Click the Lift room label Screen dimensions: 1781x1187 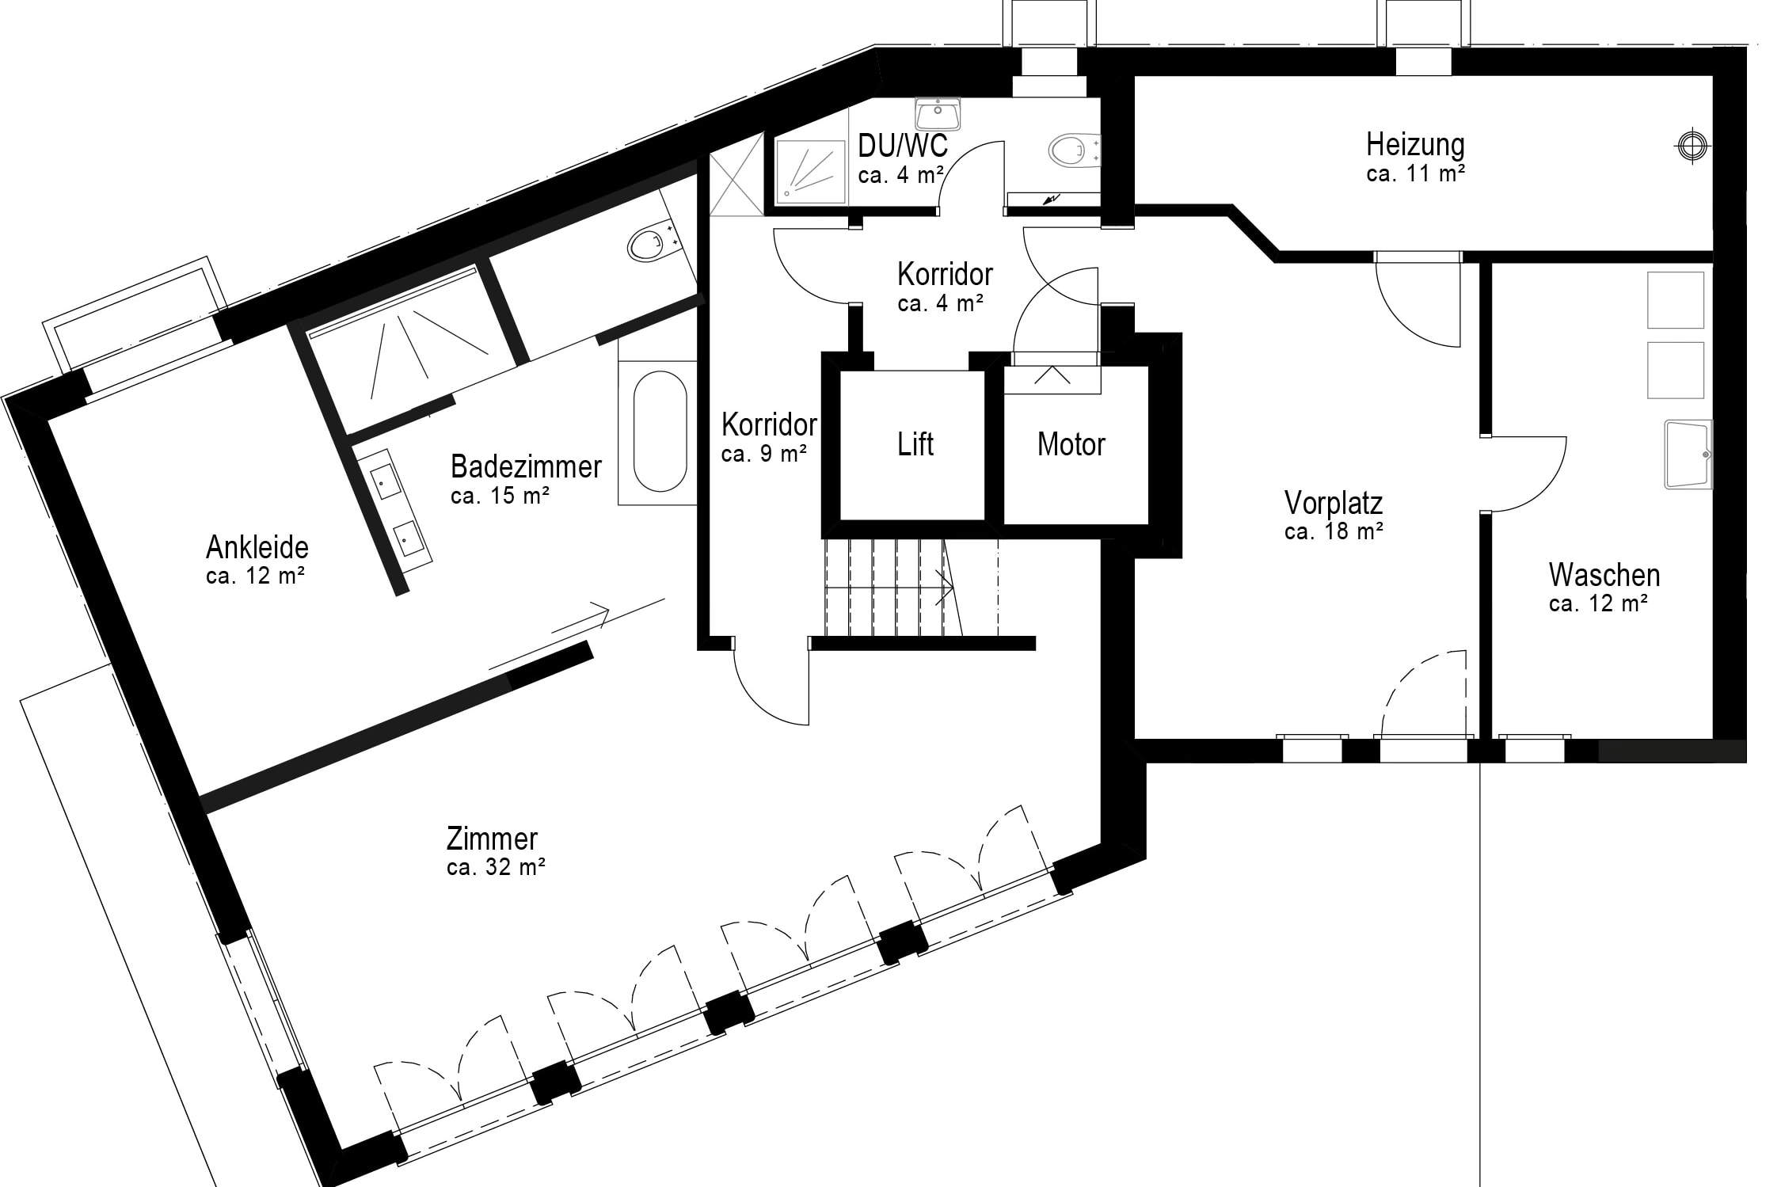tap(915, 444)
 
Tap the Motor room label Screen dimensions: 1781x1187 tap(1071, 444)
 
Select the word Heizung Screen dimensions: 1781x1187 tap(1415, 145)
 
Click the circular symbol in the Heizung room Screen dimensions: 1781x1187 tap(1691, 145)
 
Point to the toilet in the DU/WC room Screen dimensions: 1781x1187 tap(1074, 150)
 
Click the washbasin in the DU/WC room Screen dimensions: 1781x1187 tap(938, 113)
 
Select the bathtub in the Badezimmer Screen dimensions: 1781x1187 tap(660, 432)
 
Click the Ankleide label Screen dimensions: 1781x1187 tap(257, 547)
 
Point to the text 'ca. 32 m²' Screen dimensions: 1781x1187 tap(496, 867)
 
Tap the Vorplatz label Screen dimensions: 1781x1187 tap(1334, 503)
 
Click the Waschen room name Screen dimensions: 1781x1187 tap(1604, 575)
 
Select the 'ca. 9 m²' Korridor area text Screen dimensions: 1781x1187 tap(764, 454)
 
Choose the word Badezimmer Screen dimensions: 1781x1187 tap(526, 466)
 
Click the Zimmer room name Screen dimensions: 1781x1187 tap(492, 839)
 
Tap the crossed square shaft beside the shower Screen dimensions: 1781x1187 tap(736, 184)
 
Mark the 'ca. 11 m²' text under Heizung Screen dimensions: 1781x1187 tap(1415, 173)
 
